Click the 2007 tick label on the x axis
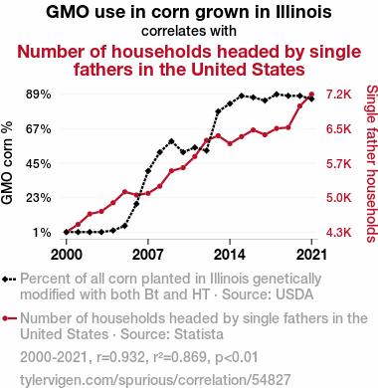(x=148, y=255)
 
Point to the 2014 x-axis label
(x=230, y=255)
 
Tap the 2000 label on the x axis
(x=67, y=255)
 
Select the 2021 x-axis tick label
(x=311, y=255)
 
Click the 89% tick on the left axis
(x=39, y=95)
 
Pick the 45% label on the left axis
(x=39, y=163)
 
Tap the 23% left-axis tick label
(x=39, y=198)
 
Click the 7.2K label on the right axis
(x=338, y=95)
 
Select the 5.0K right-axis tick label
(x=338, y=198)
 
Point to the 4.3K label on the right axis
(x=338, y=233)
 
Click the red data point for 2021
(x=311, y=95)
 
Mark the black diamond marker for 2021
(x=311, y=98)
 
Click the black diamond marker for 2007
(x=148, y=171)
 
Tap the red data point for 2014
(x=230, y=143)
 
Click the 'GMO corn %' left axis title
(x=7, y=162)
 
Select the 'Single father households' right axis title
(x=372, y=164)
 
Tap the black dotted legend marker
(x=9, y=280)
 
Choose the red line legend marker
(x=9, y=318)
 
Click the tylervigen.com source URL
(x=155, y=380)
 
